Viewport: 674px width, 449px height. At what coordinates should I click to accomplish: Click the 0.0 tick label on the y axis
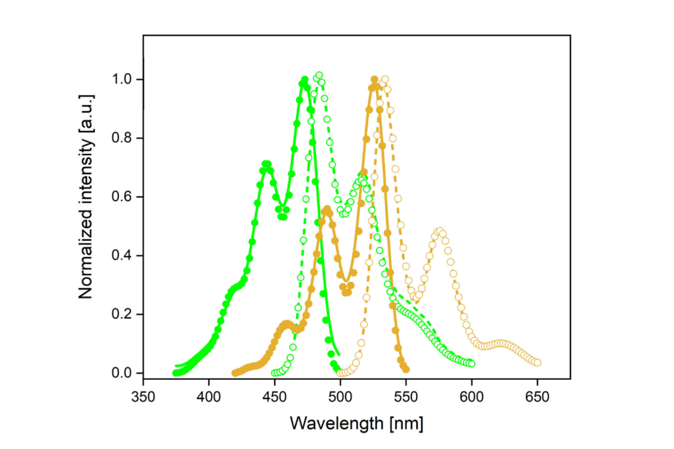point(123,373)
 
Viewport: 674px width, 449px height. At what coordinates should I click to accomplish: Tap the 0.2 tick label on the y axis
point(123,314)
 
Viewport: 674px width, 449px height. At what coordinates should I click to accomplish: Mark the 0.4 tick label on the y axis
point(123,256)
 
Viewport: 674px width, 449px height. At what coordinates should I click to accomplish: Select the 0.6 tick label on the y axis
point(123,197)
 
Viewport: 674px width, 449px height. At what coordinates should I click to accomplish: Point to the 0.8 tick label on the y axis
point(123,138)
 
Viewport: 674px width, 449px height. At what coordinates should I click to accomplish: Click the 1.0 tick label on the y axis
point(123,80)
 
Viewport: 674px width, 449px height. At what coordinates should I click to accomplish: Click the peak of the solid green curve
point(305,80)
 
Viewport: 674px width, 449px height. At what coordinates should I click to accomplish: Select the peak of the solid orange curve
point(375,80)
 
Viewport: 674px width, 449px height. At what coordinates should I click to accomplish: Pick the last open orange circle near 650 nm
point(537,363)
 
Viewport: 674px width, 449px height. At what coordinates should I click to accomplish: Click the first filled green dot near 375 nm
point(176,373)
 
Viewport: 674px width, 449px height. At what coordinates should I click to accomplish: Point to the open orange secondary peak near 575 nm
point(439,231)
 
